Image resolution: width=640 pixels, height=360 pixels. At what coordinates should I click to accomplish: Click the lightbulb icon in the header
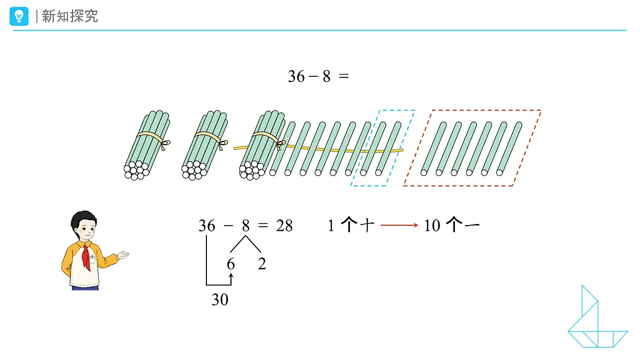tap(19, 17)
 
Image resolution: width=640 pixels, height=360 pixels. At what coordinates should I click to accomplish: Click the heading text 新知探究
tap(70, 16)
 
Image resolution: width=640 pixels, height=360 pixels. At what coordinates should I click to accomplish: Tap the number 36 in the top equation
tap(297, 77)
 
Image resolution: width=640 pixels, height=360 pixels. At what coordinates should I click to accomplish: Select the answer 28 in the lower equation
tap(284, 226)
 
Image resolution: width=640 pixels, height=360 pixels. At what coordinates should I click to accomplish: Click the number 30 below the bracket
tap(220, 300)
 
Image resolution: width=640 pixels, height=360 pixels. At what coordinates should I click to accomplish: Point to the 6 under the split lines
tap(231, 263)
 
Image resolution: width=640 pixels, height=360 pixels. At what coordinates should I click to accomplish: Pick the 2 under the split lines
tap(262, 263)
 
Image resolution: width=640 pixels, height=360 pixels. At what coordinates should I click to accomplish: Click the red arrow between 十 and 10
tap(399, 226)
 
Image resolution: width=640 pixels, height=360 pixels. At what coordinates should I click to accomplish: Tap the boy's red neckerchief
tap(86, 257)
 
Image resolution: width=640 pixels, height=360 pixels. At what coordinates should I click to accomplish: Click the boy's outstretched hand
tap(123, 254)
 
